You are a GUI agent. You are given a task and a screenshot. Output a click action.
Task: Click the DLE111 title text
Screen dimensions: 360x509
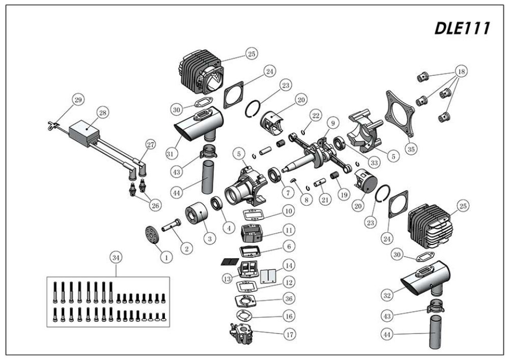click(461, 29)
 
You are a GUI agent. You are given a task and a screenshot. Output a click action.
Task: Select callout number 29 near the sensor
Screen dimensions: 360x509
click(78, 100)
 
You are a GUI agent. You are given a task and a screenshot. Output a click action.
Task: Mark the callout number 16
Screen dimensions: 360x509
click(289, 316)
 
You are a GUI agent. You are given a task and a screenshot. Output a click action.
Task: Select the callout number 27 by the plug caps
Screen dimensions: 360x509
click(150, 145)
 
